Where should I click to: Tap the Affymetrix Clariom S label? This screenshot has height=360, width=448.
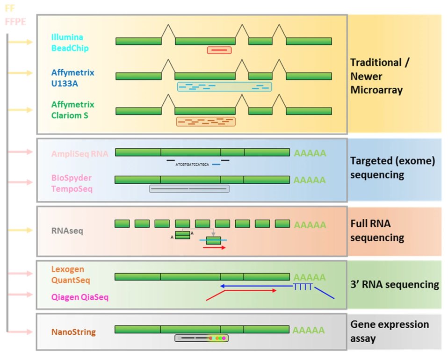[x=73, y=110]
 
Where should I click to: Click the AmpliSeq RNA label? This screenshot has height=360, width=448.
[x=79, y=153]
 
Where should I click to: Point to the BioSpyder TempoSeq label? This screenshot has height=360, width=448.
[x=72, y=183]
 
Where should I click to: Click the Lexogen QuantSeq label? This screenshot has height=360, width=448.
[x=71, y=275]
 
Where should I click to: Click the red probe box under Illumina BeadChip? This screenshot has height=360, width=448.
[x=219, y=50]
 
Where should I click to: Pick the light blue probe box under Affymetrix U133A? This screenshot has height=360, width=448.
[x=224, y=86]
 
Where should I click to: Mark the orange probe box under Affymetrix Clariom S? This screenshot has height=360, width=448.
[x=206, y=122]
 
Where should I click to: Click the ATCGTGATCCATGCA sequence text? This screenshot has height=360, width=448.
[x=192, y=165]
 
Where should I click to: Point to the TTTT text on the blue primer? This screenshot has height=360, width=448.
[x=303, y=287]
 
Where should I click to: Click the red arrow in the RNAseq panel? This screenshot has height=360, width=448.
[x=214, y=247]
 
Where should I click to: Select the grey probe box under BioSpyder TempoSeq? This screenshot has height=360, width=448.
[x=189, y=189]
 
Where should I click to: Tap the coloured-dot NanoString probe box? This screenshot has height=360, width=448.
[x=202, y=338]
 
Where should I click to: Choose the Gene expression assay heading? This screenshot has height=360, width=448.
[x=390, y=331]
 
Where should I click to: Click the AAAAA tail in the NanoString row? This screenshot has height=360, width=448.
[x=309, y=330]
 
